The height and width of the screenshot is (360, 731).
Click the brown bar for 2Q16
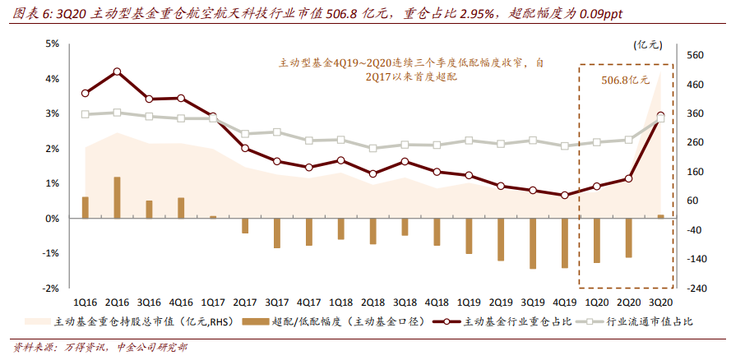(x=117, y=198)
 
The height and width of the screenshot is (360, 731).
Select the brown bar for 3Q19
(x=532, y=243)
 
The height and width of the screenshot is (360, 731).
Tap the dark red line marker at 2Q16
(x=117, y=72)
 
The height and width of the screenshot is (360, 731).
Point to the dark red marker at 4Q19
(x=564, y=196)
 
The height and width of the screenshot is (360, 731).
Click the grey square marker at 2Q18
(x=372, y=149)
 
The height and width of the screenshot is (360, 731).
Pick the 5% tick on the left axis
(x=51, y=44)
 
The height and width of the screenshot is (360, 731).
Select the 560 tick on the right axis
(x=695, y=55)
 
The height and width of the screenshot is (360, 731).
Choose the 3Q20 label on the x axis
(x=659, y=302)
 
